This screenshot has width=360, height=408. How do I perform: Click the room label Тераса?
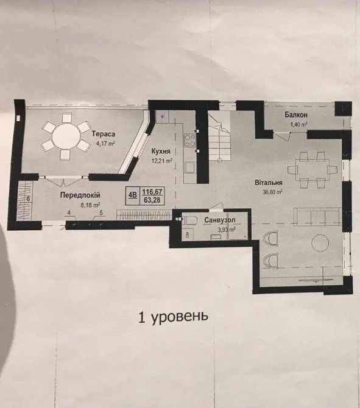pyautogui.click(x=104, y=134)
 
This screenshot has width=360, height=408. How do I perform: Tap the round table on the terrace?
pyautogui.click(x=66, y=136)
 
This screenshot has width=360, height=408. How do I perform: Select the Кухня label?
pyautogui.click(x=161, y=152)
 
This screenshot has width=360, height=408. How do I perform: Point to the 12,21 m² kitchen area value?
pyautogui.click(x=162, y=161)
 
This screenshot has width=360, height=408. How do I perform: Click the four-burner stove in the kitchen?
pyautogui.click(x=190, y=140)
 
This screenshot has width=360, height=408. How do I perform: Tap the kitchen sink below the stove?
pyautogui.click(x=190, y=167)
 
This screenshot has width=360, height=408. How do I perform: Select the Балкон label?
pyautogui.click(x=295, y=114)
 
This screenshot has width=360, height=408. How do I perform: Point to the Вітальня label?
pyautogui.click(x=269, y=183)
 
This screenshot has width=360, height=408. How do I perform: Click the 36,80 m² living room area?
pyautogui.click(x=272, y=192)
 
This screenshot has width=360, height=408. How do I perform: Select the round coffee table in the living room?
pyautogui.click(x=320, y=243)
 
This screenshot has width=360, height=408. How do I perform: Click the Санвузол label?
pyautogui.click(x=220, y=220)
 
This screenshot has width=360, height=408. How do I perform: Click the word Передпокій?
pyautogui.click(x=80, y=195)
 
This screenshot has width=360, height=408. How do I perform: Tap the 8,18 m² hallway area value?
pyautogui.click(x=90, y=205)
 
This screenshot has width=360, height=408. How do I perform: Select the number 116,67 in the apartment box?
pyautogui.click(x=152, y=192)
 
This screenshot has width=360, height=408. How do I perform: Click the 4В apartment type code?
pyautogui.click(x=133, y=195)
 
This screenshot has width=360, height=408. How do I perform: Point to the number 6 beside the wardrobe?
pyautogui.click(x=29, y=199)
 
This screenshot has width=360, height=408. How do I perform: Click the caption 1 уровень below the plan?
pyautogui.click(x=173, y=317)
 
